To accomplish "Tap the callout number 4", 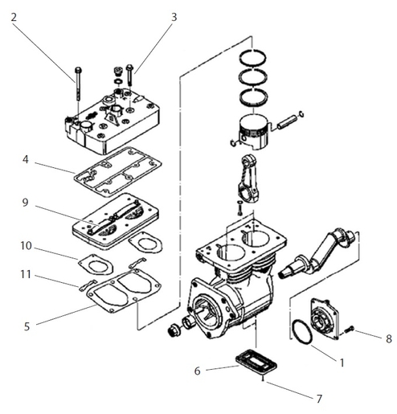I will (x=26, y=161).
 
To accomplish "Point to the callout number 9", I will (x=26, y=203).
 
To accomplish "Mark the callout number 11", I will (x=26, y=274).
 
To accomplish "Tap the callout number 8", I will (x=388, y=338).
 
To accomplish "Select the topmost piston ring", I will (x=256, y=57).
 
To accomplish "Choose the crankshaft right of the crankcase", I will (x=321, y=252).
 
